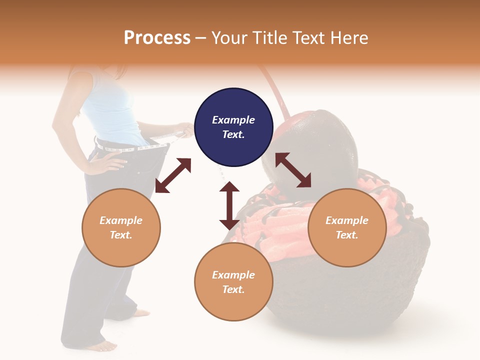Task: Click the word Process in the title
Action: coord(157,38)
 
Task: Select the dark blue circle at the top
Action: coord(233,127)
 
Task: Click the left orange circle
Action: coord(121,227)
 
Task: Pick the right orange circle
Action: coord(347,227)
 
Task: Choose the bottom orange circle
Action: coord(233,282)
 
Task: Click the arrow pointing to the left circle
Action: coord(173,175)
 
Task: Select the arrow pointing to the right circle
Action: coord(293,170)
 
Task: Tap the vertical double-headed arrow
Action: coord(229,205)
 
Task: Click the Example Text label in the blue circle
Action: coord(233,127)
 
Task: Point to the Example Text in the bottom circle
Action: coord(233,282)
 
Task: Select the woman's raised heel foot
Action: coord(140,313)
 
